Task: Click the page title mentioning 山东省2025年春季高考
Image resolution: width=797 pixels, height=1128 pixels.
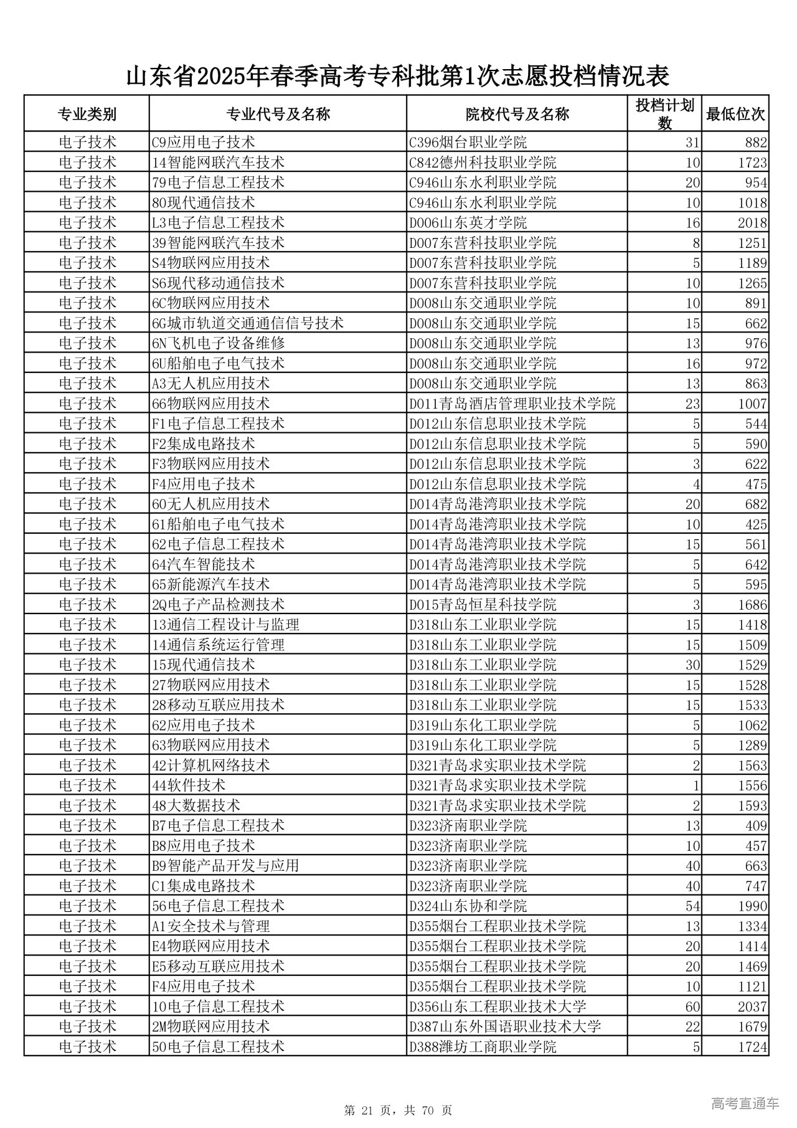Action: [398, 76]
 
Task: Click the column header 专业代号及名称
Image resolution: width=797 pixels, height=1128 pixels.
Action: [278, 114]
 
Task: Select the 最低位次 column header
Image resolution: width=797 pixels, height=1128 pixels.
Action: [735, 114]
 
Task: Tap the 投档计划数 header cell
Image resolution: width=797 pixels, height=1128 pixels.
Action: [664, 114]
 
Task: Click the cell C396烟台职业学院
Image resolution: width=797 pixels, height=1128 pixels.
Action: [468, 143]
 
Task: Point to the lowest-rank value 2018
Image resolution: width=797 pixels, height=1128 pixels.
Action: [752, 223]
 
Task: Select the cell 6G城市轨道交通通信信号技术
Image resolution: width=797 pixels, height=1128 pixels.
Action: [248, 323]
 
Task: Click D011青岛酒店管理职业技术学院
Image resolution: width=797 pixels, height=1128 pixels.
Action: [512, 404]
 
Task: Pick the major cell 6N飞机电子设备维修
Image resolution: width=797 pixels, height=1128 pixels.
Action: [219, 343]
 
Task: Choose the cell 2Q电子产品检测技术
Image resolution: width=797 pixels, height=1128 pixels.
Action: [218, 604]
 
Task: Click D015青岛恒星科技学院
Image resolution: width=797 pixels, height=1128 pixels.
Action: [483, 604]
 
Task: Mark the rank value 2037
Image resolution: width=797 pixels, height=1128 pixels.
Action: [752, 1007]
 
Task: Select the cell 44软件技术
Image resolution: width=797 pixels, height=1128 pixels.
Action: [189, 785]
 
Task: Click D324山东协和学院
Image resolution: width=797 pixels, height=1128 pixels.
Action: [468, 906]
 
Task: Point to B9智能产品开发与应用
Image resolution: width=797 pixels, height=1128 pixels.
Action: [225, 866]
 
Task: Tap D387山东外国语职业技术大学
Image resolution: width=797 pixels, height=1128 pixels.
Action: [504, 1026]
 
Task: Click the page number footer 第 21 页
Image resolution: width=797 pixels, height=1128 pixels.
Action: [398, 1110]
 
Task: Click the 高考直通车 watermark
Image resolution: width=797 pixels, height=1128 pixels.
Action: [745, 1104]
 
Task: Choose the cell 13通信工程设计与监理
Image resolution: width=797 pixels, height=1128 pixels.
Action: [225, 625]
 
